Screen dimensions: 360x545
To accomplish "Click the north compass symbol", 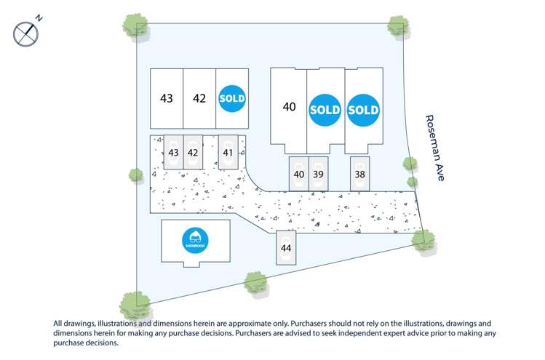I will pos(26,33).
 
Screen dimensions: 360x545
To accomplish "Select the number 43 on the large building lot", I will pos(167,98).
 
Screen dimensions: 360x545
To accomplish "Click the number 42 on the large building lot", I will pos(199,98).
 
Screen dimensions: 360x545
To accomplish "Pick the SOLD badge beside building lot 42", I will pos(232,98).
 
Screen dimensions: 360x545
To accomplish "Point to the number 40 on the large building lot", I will pos(290,107).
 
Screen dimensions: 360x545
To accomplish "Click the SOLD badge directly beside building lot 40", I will pos(325,110).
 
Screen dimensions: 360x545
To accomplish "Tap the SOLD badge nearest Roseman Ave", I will pos(363,110).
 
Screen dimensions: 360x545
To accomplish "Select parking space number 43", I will pos(173,153).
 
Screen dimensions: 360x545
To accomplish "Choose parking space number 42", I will pos(193,153).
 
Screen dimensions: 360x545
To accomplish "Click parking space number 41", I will pos(228,153).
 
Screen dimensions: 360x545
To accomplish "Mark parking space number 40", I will pos(299,175).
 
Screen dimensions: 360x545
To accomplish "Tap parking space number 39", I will pos(318,175).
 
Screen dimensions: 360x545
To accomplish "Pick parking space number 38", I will pos(359,175).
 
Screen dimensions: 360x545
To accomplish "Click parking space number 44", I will pos(286,249).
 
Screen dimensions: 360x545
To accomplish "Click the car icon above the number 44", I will pos(286,239).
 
